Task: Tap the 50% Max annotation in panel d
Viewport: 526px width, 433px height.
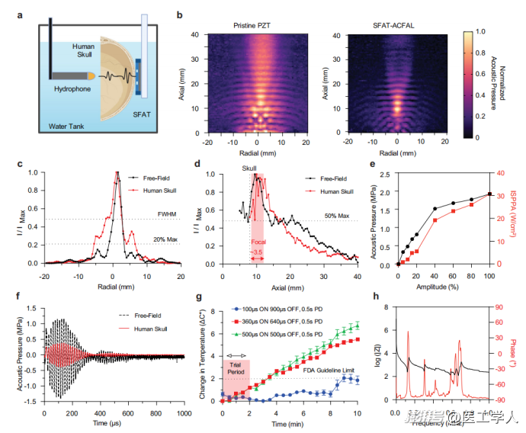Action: [337, 216]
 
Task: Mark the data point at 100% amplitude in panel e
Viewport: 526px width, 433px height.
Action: [489, 194]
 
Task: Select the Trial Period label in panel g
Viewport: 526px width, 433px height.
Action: [236, 364]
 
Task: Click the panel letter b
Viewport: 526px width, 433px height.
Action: [178, 14]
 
